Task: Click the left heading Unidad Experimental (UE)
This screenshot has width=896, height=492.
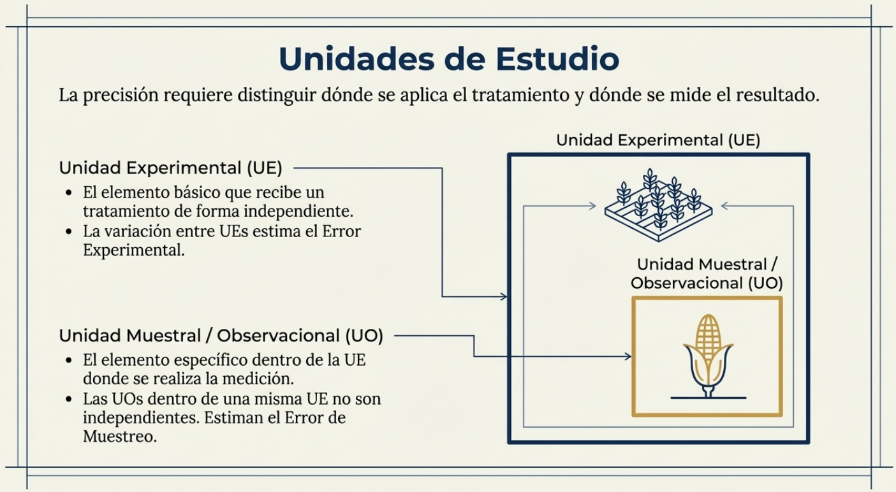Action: pos(170,168)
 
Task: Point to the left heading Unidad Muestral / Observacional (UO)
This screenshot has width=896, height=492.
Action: pos(221,335)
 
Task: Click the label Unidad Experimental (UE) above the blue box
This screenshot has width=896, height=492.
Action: pos(658,140)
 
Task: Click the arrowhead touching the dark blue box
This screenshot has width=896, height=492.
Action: pos(504,296)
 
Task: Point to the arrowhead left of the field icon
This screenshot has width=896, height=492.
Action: pos(592,206)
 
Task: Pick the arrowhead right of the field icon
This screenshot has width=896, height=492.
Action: pos(726,206)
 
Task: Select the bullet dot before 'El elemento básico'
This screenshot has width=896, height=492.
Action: pos(69,192)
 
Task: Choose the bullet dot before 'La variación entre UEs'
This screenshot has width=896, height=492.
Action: pos(69,232)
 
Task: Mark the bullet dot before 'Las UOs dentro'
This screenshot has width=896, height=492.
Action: pos(69,400)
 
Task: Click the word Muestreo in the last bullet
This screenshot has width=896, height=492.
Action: pos(119,437)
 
